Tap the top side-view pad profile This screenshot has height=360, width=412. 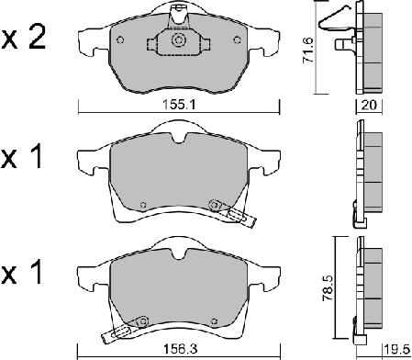tap(371, 53)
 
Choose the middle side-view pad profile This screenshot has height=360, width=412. tap(370, 174)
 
